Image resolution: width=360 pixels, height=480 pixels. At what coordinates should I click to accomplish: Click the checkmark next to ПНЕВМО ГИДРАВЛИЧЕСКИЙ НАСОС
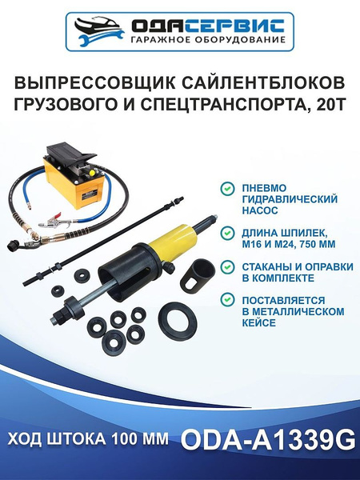tap(226, 186)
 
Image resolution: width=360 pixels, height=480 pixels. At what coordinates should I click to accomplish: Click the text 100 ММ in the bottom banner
tap(142, 442)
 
